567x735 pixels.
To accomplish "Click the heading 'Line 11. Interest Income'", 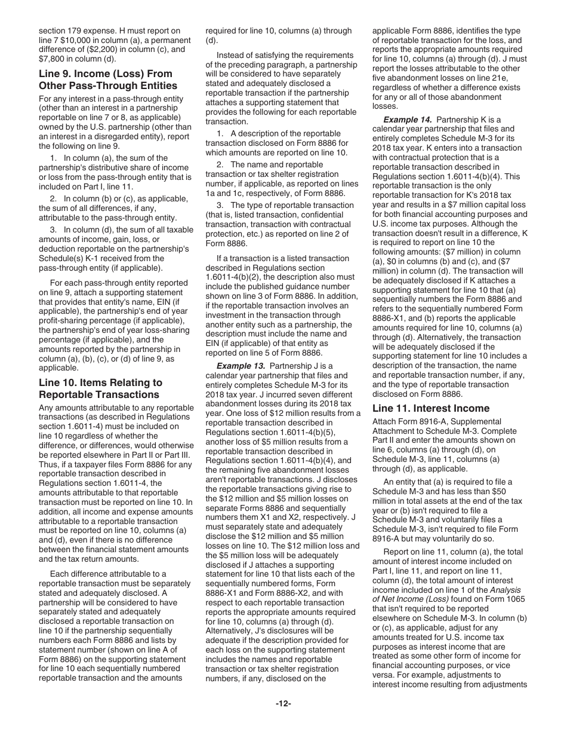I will pyautogui.click(x=430, y=408).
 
